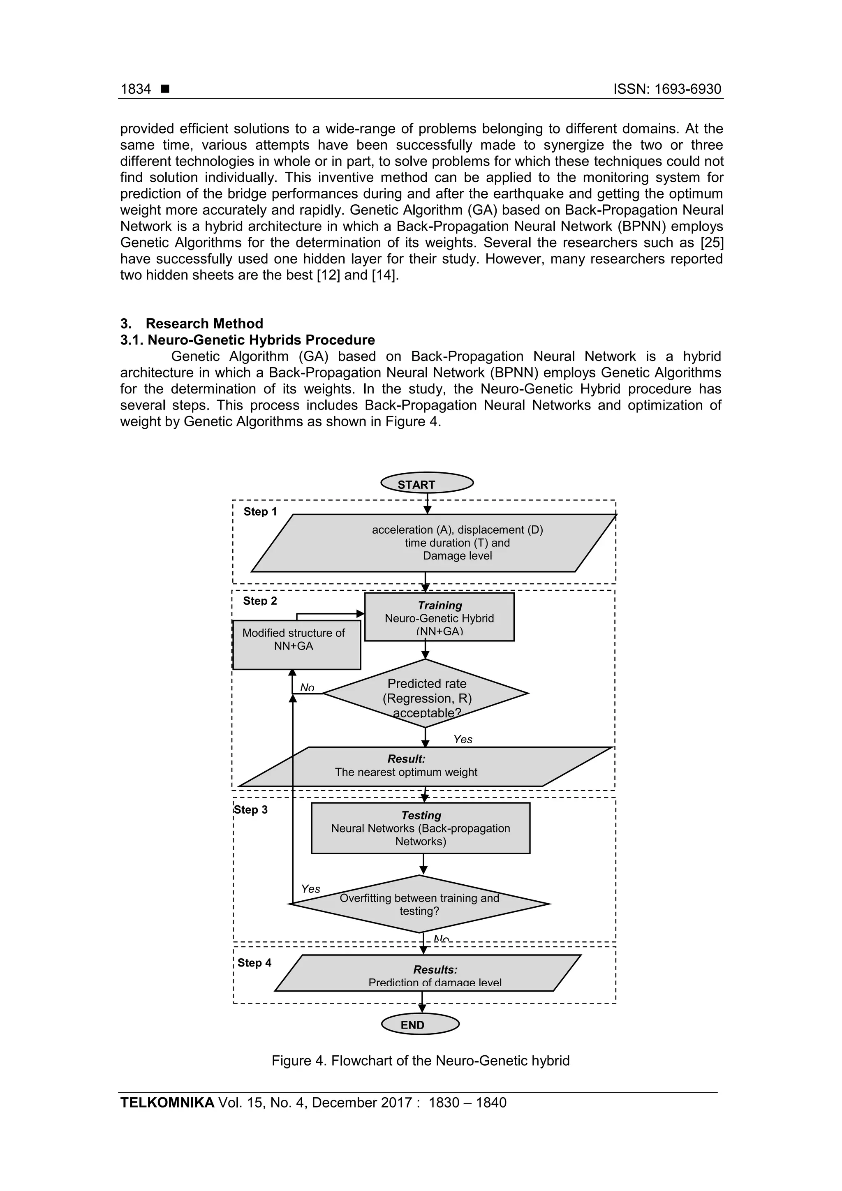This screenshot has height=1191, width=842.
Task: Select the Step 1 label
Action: point(260,511)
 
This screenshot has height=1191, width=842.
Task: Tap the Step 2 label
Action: point(260,601)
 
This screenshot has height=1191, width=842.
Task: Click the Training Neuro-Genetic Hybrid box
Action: point(439,617)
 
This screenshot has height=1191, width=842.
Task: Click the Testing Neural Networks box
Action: point(420,828)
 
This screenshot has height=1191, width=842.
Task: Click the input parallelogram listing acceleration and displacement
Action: point(432,543)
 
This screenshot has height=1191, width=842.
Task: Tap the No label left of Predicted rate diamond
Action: point(307,687)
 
